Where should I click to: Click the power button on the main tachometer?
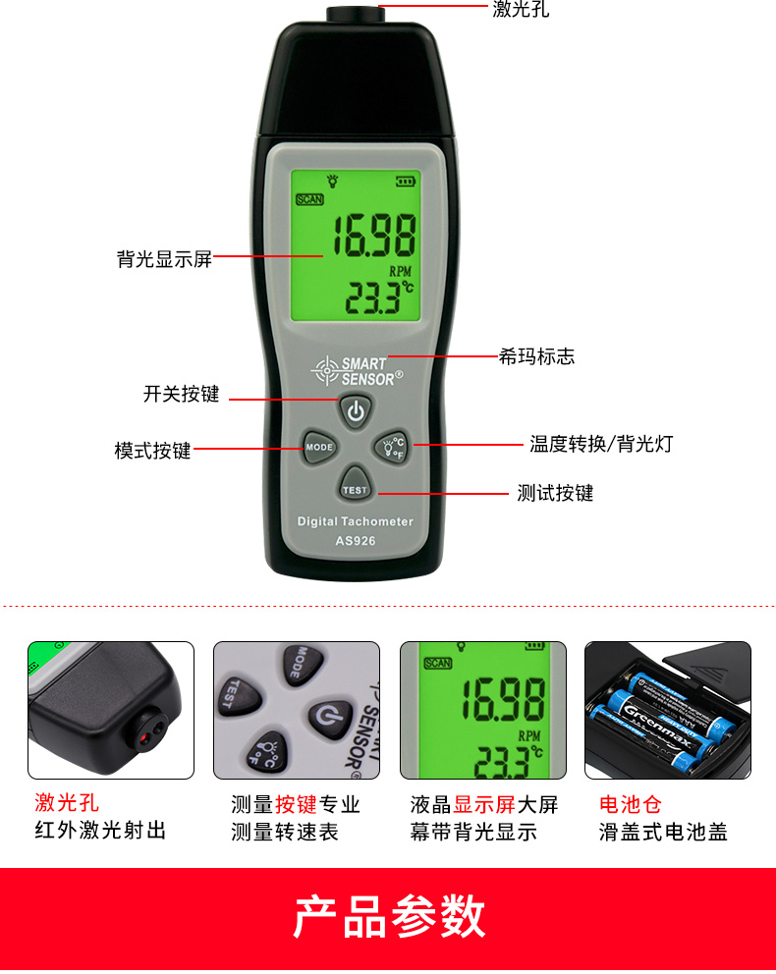pos(356,410)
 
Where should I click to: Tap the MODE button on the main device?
pos(319,447)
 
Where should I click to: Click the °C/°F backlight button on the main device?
pos(392,447)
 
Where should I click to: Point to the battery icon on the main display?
pos(406,182)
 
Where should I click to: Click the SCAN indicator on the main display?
pos(309,199)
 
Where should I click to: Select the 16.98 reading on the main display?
pos(374,236)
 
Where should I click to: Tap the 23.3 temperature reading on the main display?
pos(373,298)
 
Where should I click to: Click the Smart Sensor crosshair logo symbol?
pos(325,371)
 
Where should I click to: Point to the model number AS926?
pos(356,540)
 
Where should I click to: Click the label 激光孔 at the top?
pos(521,9)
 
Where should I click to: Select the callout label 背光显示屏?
pos(165,259)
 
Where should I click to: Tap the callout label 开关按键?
pos(182,394)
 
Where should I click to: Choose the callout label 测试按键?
pos(555,493)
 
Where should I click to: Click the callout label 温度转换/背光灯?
pos(601,444)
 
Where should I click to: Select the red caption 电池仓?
pos(631,804)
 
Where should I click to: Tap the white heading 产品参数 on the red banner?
pos(389,916)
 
